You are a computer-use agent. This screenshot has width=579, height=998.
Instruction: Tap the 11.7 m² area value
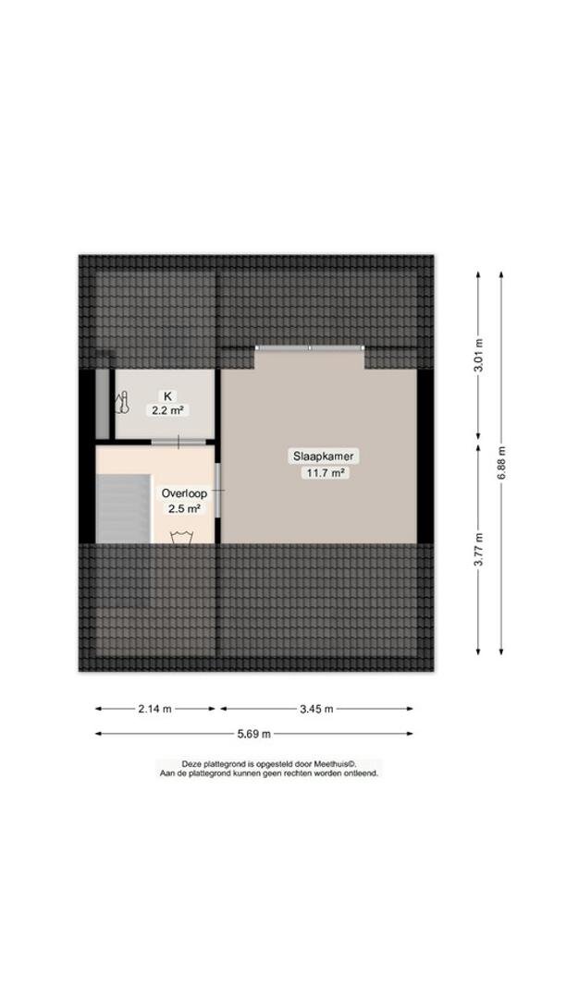click(x=326, y=472)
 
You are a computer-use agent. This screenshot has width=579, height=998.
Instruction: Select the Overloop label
click(x=184, y=493)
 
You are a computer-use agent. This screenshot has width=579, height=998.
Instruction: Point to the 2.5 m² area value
click(x=184, y=508)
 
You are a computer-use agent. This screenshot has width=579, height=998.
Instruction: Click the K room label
click(x=167, y=396)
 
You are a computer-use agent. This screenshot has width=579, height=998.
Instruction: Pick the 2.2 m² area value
click(x=167, y=410)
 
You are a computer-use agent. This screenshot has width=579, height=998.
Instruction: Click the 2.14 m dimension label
click(x=154, y=709)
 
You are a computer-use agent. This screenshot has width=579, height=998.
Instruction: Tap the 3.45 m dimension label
click(x=316, y=709)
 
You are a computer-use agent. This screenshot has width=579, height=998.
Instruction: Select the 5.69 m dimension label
click(x=254, y=734)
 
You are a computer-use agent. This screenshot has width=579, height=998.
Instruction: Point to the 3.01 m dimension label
click(x=479, y=357)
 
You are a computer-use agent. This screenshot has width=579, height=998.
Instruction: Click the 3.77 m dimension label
click(x=479, y=549)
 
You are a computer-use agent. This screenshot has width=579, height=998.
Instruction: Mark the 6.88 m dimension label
click(x=502, y=462)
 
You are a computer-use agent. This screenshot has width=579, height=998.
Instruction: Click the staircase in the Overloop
click(x=124, y=508)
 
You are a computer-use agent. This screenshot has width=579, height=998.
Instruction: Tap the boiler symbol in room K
click(x=122, y=404)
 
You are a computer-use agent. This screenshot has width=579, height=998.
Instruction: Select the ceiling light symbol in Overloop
click(x=182, y=537)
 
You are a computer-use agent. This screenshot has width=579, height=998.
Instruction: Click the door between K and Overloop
click(x=179, y=442)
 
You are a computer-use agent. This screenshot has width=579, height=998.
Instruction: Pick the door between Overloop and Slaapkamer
click(x=218, y=490)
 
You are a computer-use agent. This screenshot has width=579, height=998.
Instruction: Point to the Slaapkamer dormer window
click(x=310, y=348)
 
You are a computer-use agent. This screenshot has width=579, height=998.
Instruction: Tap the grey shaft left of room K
click(x=102, y=404)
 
